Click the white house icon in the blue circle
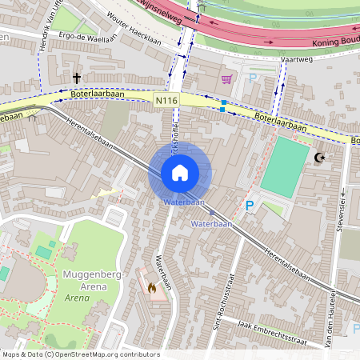click(x=180, y=173)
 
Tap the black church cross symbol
click(x=77, y=78)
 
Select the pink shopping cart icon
click(x=226, y=79)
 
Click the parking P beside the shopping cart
click(x=253, y=78)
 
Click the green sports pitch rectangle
click(x=285, y=166)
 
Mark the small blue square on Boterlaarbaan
click(x=223, y=104)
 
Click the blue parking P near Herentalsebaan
click(x=250, y=206)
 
